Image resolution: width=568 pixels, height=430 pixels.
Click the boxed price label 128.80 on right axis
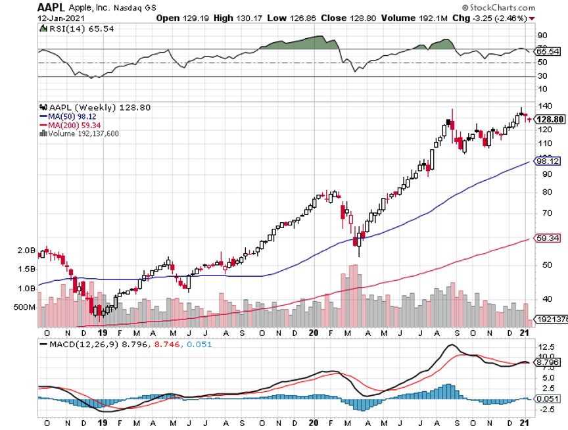pos(548,119)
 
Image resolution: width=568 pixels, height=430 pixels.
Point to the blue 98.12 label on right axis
pos(548,160)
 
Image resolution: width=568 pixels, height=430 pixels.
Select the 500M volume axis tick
pos(24,307)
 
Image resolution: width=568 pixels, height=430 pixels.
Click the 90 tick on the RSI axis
pos(542,35)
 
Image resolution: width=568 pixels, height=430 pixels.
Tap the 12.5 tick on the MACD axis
pos(546,346)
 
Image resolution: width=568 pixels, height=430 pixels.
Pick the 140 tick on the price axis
pos(544,106)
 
